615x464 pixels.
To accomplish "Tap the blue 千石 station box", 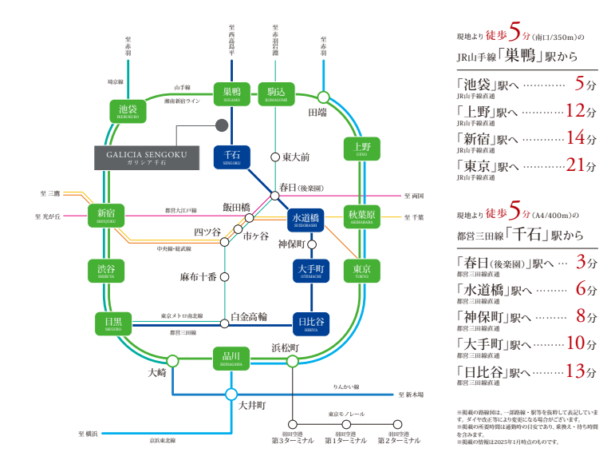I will coord(232,155).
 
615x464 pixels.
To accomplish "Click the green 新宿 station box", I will coord(106,215).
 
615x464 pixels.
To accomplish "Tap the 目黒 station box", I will coord(112,323).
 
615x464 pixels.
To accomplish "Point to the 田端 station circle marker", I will coord(323,97).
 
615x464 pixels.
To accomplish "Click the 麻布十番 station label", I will coord(198,278).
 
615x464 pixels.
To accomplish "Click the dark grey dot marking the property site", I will coord(222,125).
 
